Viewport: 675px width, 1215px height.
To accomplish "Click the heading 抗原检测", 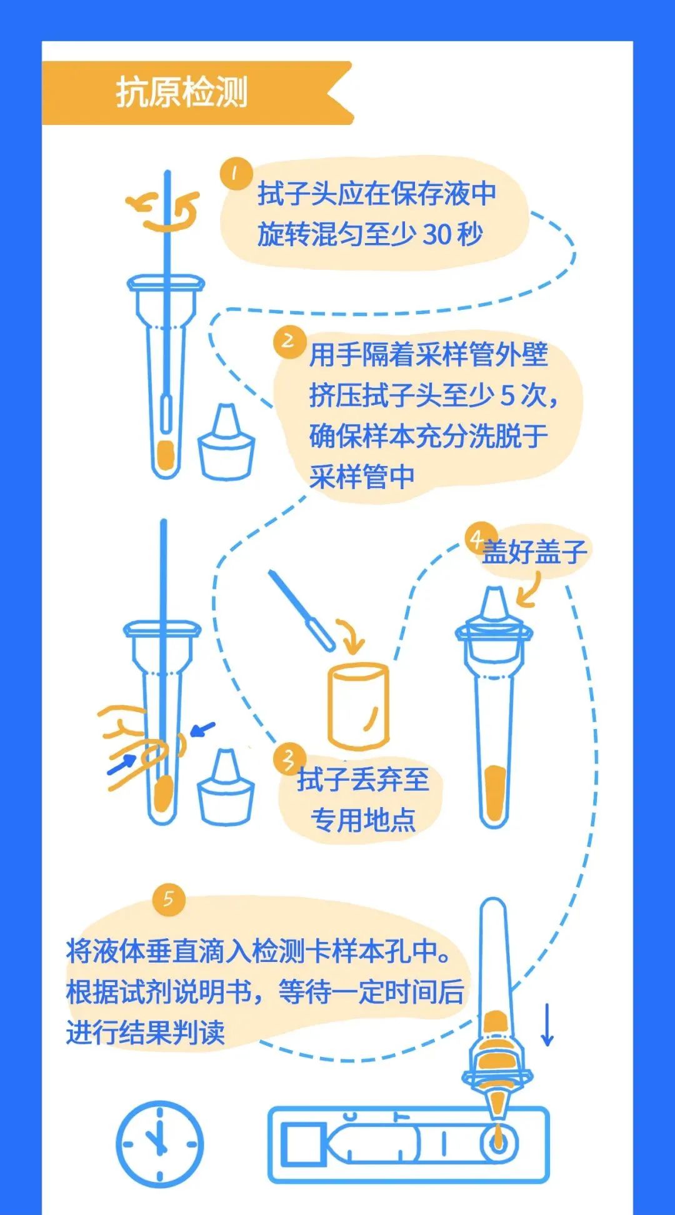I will point(182,92).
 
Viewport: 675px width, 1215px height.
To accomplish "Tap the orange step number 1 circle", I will point(236,174).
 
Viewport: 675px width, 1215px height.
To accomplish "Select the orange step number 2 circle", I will point(289,342).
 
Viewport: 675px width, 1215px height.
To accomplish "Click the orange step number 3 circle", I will point(289,759).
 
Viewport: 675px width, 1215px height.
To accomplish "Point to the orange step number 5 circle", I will point(169,900).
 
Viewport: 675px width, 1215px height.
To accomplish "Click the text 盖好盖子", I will point(534,552).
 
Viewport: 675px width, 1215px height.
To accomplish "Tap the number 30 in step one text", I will point(437,234).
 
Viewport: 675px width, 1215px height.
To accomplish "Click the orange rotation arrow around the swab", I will point(164,211).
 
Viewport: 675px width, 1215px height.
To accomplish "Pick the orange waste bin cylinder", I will point(358,706).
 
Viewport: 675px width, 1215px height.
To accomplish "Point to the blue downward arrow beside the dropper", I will point(547,1024).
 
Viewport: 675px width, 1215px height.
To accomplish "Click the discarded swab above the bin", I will point(302,609).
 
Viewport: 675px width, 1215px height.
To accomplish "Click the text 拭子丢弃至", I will point(362,780).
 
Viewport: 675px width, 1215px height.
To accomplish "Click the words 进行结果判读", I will point(145,1032).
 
